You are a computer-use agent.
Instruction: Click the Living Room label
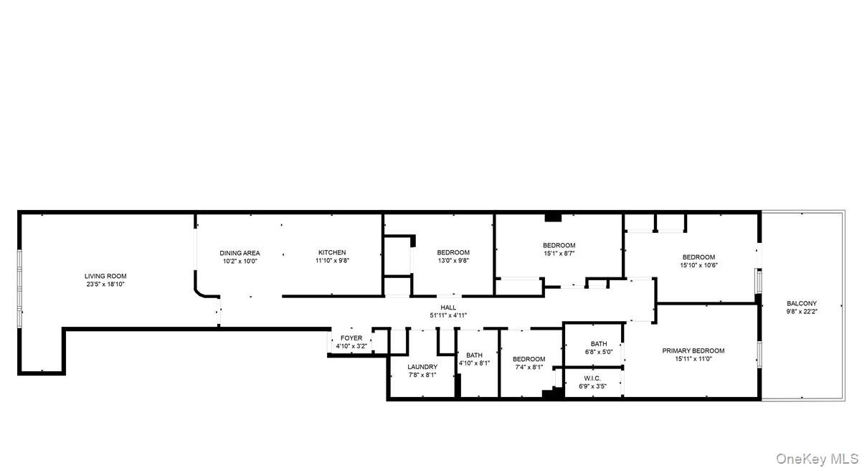point(105,276)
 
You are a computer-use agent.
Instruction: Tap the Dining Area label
point(240,253)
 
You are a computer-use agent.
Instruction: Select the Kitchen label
point(332,252)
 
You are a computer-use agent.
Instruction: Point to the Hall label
point(448,307)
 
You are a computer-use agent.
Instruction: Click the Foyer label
point(351,338)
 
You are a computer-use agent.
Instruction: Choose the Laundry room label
point(422,367)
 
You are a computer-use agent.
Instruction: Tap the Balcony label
point(802,304)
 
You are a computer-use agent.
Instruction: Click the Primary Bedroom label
point(693,351)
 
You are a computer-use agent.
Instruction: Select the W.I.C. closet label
point(592,378)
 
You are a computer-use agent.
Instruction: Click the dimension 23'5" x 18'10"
point(105,285)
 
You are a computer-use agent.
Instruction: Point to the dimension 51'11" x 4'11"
point(448,315)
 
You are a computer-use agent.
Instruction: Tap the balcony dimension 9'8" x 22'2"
point(802,312)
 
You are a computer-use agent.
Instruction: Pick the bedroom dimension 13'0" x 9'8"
point(453,261)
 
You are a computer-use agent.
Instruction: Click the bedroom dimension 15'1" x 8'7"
point(559,253)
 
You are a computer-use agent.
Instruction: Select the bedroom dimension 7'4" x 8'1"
point(529,367)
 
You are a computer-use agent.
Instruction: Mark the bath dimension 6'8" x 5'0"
point(599,352)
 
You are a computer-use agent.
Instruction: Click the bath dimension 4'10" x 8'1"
point(474,363)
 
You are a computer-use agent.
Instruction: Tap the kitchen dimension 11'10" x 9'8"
point(332,261)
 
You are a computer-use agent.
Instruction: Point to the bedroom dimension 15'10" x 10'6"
point(698,265)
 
